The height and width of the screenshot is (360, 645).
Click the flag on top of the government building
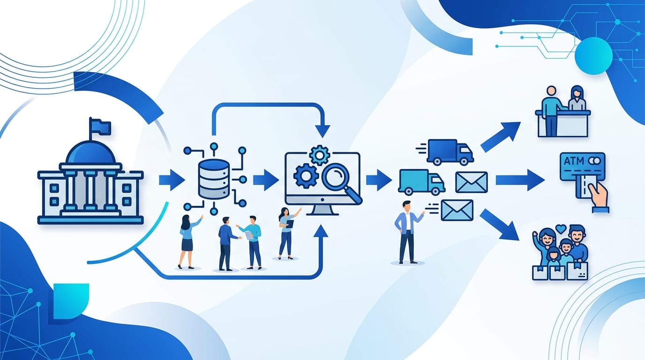coord(100,127)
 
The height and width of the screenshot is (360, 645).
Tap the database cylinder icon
coord(214,179)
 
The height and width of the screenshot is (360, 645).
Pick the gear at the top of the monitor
coord(319,155)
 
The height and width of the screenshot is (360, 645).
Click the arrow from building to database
coord(172,180)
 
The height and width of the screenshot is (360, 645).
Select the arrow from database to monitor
coord(266,180)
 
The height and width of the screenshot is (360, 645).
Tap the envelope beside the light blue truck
coord(472,182)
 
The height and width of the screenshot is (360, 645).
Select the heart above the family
coord(561,229)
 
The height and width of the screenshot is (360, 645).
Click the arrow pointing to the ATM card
coord(520,180)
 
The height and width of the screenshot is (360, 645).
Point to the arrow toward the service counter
coord(501,137)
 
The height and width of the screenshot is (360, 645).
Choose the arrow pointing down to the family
coord(500,225)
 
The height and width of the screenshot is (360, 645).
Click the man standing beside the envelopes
coord(407,232)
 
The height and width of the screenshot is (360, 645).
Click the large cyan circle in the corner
coord(593,56)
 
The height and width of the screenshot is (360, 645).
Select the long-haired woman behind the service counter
coord(577,98)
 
